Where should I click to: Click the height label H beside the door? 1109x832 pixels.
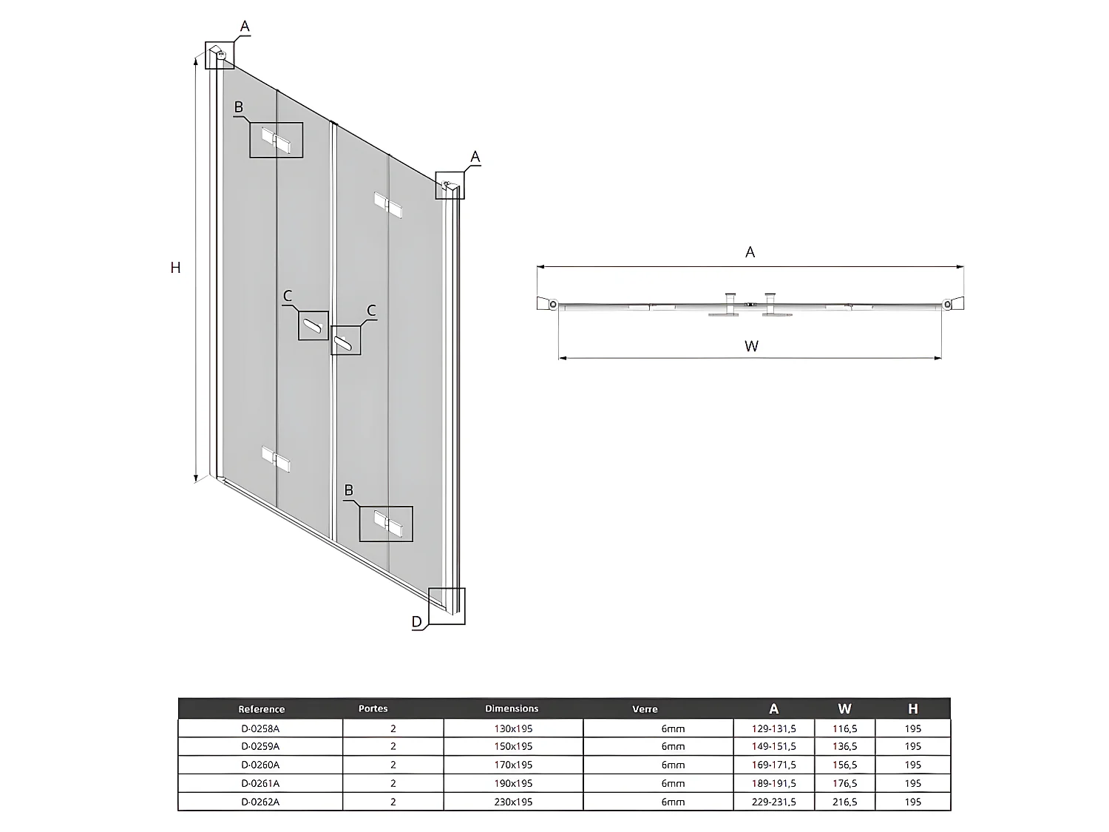175,268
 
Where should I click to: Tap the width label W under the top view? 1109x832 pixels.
751,346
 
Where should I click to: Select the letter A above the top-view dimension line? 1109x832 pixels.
750,252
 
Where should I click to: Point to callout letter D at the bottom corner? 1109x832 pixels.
417,622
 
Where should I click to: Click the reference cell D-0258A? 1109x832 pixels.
260,728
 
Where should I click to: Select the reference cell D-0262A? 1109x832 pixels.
260,802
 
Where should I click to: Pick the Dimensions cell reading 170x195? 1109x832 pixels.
513,765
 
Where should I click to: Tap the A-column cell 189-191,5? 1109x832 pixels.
773,783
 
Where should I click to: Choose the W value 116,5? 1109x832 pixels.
844,728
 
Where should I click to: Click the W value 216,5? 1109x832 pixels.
844,802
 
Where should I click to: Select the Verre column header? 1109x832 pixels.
645,709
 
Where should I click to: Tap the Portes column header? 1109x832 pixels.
373,708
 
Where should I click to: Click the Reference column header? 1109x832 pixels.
261,709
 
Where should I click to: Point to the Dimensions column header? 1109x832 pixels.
512,708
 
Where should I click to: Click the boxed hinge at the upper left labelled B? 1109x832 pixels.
276,141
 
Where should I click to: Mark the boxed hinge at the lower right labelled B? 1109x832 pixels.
387,523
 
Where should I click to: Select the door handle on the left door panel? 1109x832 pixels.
313,325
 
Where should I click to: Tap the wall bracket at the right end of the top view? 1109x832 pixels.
952,303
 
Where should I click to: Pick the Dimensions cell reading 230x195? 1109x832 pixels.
513,802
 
